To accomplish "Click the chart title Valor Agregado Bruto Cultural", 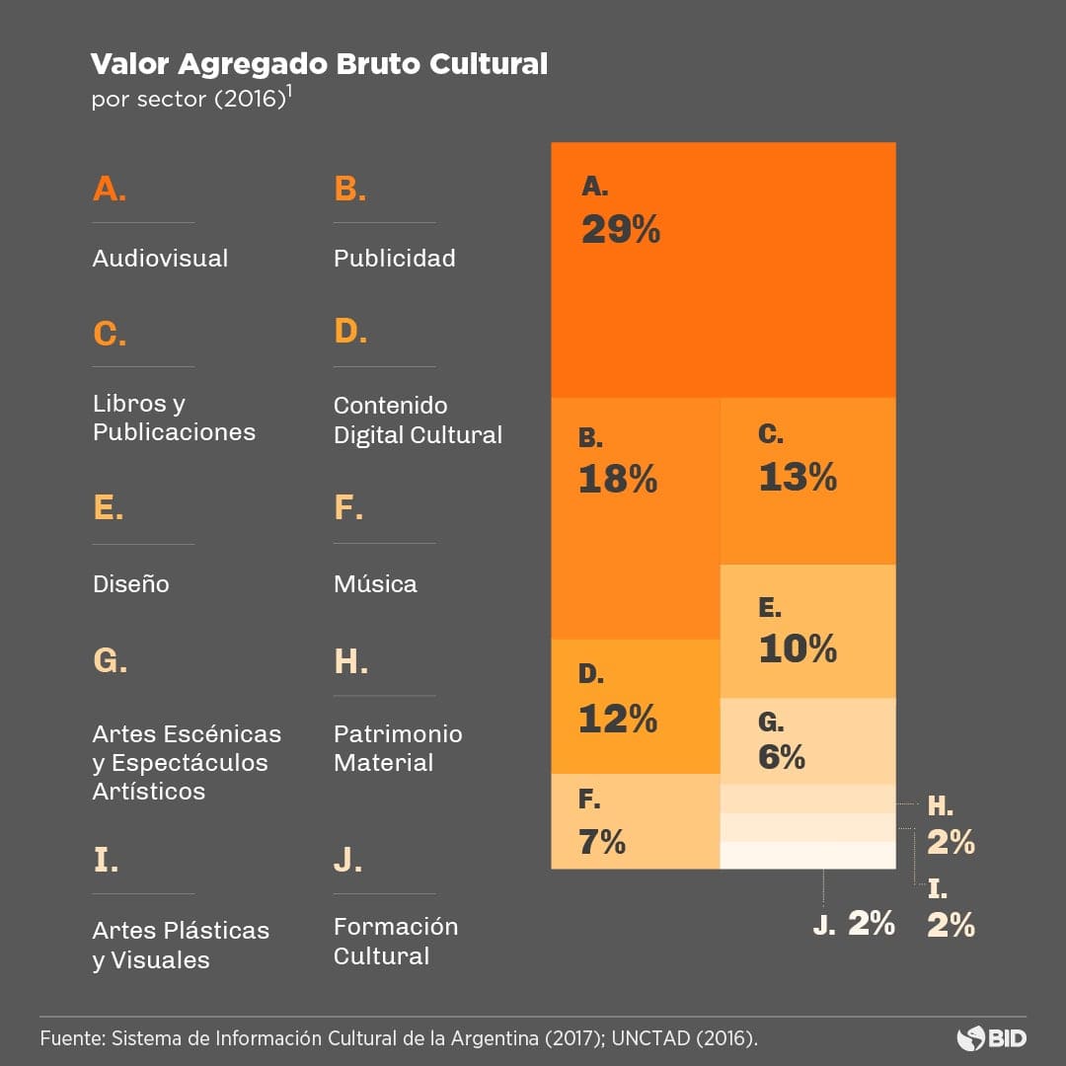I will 318,65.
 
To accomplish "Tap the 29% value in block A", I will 620,231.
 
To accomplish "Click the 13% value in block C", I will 798,479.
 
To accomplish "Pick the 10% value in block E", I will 798,649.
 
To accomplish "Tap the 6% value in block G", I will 782,757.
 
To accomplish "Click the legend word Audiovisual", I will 160,259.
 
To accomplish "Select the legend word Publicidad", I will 394,259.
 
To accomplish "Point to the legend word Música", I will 375,584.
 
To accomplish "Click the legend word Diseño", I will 131,584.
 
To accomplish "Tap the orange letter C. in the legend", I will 110,335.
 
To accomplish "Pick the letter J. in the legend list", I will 347,860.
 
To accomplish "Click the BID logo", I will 991,1038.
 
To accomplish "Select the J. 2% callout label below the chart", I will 854,924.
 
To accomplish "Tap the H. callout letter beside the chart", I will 940,806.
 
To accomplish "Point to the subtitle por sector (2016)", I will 190,101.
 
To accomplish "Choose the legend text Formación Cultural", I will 396,942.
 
